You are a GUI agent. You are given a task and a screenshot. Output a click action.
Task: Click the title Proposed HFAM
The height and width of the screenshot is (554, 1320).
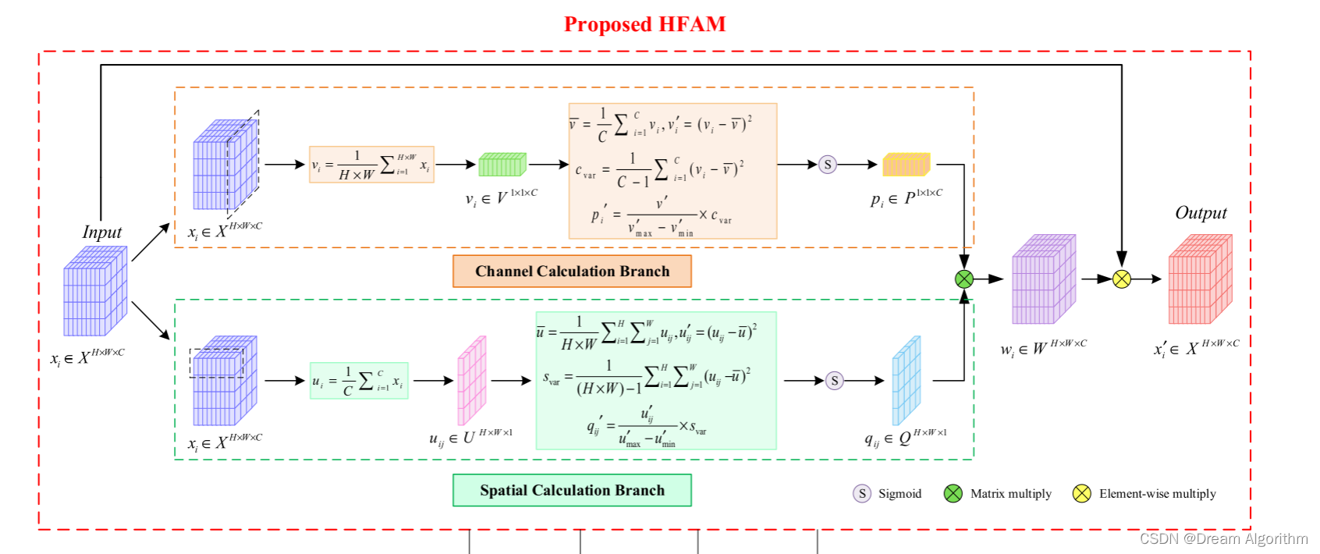click(x=644, y=25)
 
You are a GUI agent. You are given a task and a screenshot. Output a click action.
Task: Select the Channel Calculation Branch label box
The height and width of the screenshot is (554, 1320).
click(x=572, y=272)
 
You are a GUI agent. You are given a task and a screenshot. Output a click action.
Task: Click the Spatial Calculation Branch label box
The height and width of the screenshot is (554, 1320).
click(x=572, y=491)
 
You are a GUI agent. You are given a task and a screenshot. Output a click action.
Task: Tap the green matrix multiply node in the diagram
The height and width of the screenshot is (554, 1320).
click(x=964, y=279)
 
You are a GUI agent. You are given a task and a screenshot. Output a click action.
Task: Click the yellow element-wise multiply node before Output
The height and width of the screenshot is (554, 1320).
click(x=1121, y=279)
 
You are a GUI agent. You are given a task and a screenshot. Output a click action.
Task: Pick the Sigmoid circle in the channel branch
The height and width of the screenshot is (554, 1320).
click(x=828, y=165)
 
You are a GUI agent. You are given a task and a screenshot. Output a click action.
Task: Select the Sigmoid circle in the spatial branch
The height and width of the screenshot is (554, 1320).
click(x=835, y=381)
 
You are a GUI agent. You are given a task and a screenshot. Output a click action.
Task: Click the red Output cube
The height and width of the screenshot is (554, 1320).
click(x=1199, y=279)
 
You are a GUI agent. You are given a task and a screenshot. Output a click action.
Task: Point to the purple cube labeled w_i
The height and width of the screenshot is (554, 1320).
click(x=1043, y=279)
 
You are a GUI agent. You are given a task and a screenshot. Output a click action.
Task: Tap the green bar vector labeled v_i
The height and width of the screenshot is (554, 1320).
click(x=502, y=165)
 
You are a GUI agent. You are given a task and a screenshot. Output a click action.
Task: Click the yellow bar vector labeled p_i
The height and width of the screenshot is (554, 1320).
click(x=907, y=165)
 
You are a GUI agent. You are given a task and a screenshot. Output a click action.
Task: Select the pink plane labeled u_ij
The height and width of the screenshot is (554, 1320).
click(x=471, y=381)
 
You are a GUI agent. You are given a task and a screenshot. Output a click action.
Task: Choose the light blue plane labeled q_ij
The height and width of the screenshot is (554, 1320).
click(x=907, y=381)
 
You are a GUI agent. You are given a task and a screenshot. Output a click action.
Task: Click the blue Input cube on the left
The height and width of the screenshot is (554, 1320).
click(x=94, y=291)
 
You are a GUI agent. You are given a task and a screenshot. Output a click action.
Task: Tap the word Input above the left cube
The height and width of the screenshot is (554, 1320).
click(x=102, y=232)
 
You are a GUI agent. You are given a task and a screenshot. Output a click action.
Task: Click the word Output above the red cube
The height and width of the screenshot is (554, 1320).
click(x=1201, y=213)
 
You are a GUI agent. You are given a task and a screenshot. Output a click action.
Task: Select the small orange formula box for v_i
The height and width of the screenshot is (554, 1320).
click(x=371, y=165)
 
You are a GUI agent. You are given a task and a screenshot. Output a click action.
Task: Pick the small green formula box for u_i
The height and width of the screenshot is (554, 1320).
click(x=359, y=381)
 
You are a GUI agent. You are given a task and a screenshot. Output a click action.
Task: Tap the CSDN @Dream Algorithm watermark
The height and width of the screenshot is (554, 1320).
click(x=1223, y=538)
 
